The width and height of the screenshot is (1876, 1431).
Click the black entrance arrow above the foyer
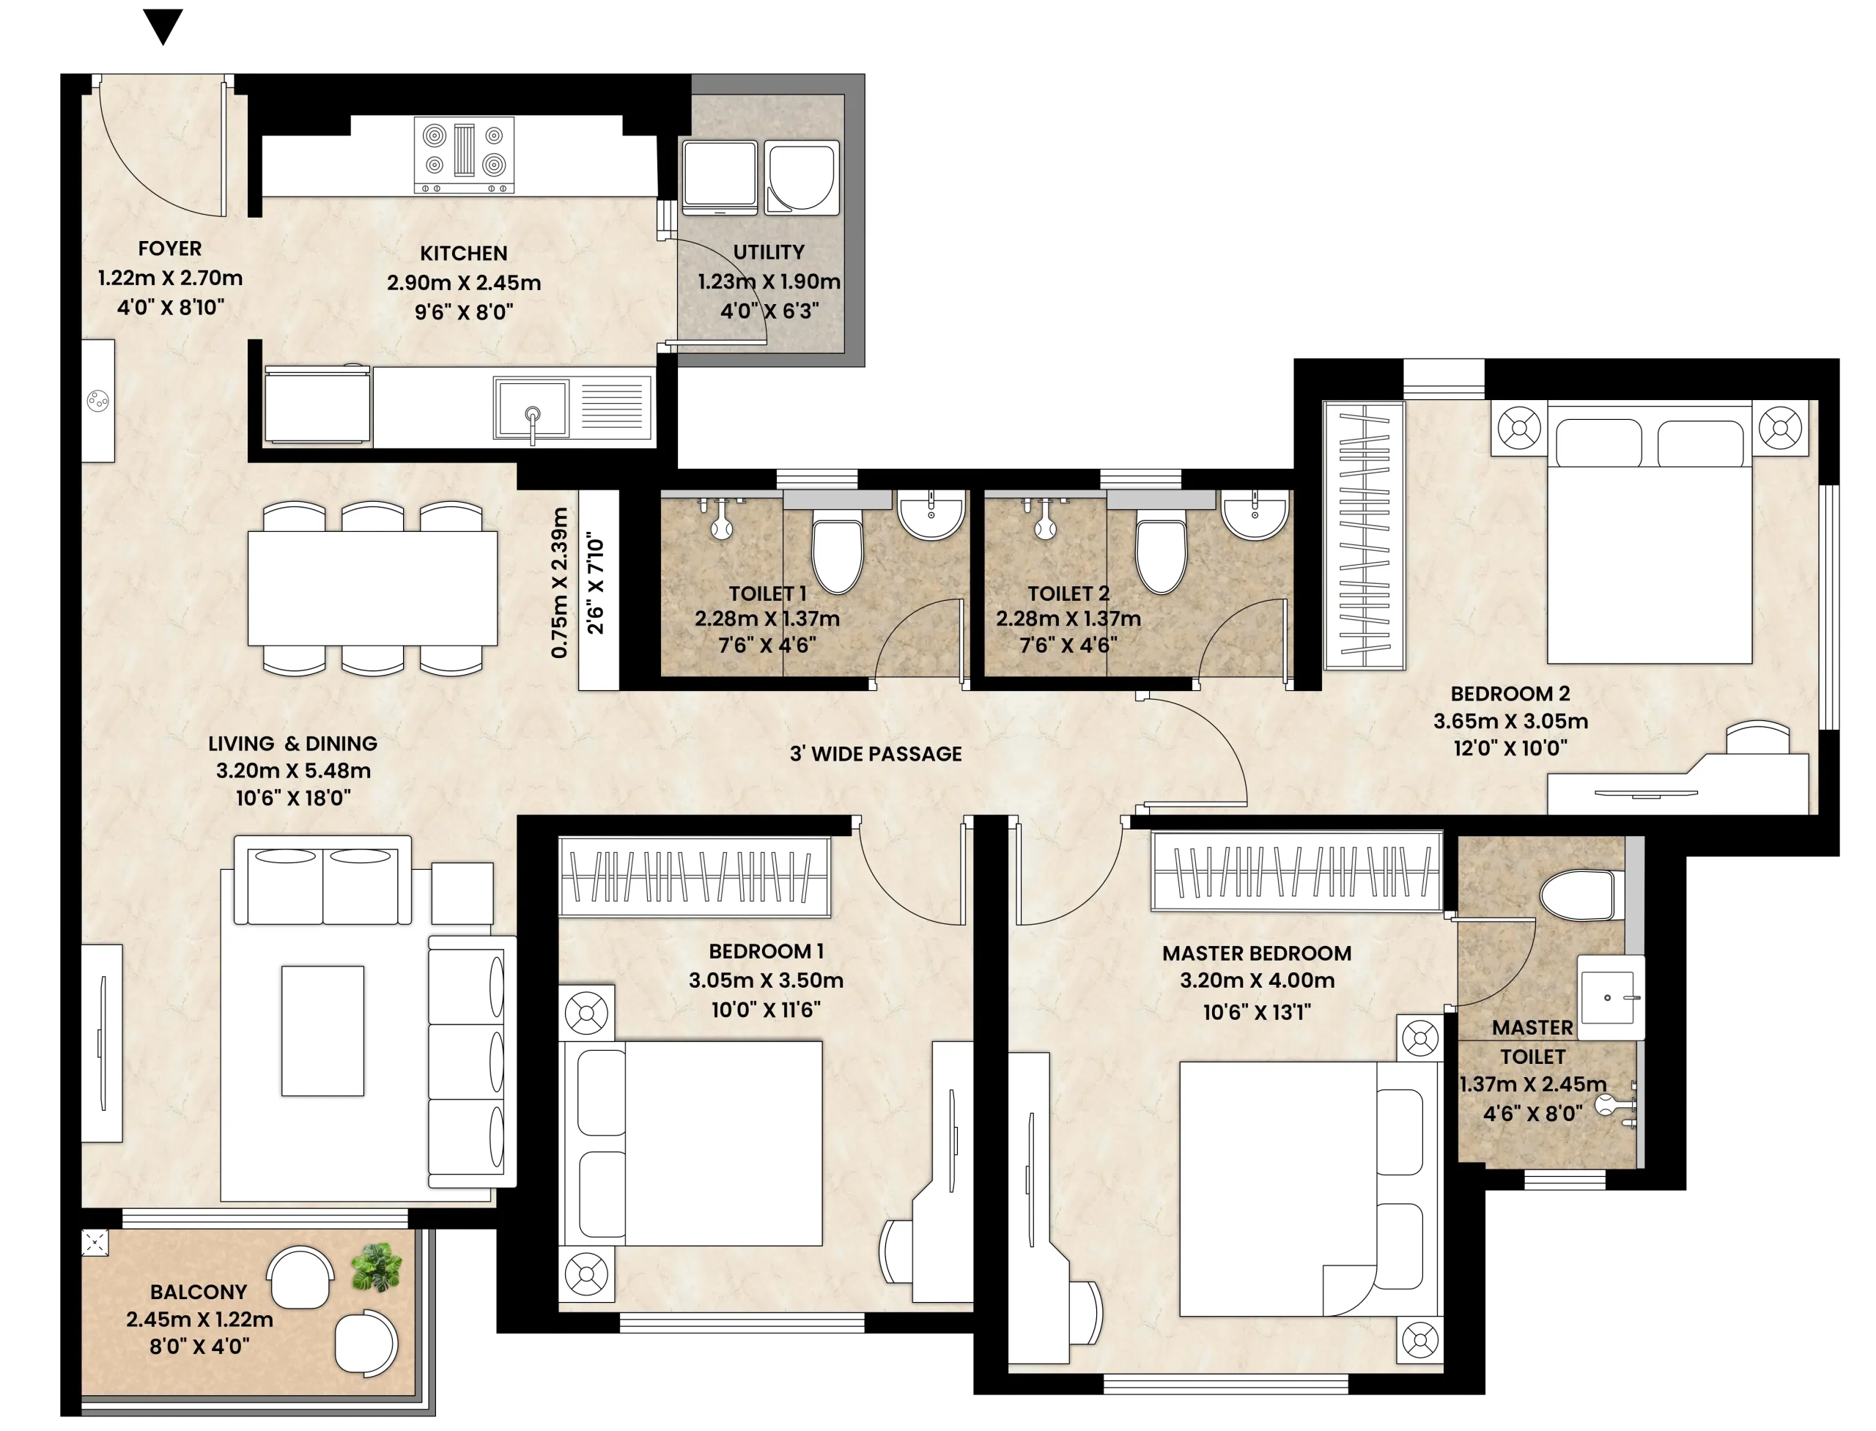coord(163,26)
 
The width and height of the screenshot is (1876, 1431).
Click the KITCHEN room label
coord(463,253)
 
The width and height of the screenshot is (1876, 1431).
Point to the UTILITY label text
coord(769,252)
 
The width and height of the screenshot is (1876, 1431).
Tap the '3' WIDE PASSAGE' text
coord(876,754)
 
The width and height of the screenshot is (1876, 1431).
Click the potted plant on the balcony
coord(376,1267)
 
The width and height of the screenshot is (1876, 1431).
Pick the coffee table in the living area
coord(323,1031)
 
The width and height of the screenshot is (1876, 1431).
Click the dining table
coord(372,588)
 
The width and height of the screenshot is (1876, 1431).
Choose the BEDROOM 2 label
coord(1510,693)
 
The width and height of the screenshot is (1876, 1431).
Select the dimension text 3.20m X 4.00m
coord(1257,980)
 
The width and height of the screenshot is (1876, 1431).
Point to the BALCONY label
coord(199,1293)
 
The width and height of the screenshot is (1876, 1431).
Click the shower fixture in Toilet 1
coord(722,519)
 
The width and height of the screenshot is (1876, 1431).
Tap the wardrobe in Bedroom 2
coord(1364,536)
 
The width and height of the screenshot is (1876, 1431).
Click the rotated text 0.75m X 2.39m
coord(559,583)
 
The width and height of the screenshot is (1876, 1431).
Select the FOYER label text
coord(169,248)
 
